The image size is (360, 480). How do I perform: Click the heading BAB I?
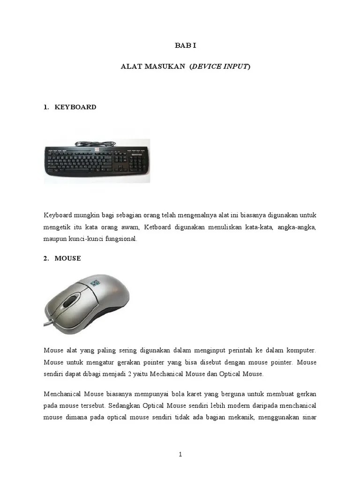point(180,45)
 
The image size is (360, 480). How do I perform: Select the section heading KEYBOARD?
point(75,107)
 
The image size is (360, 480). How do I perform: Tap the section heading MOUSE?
point(67,258)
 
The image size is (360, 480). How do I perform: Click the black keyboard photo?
point(97,160)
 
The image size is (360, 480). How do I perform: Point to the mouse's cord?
point(49,323)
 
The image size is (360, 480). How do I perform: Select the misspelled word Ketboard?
point(158,227)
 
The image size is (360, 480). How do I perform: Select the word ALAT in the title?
point(128,67)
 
